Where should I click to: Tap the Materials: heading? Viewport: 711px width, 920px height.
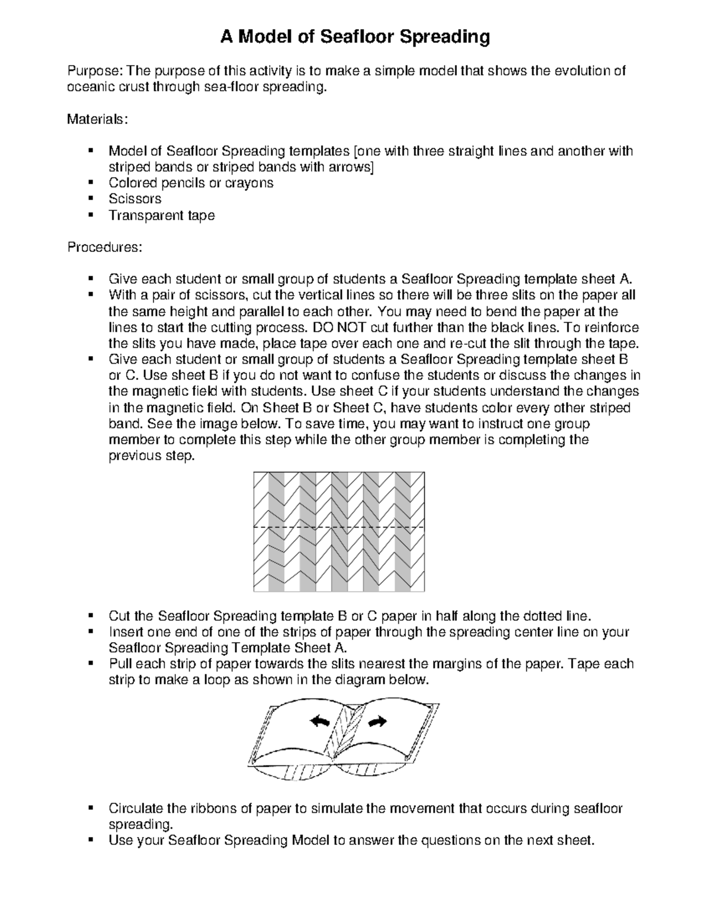point(97,119)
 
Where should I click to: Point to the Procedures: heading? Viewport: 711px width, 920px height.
point(104,247)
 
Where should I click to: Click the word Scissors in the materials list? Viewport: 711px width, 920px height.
point(135,199)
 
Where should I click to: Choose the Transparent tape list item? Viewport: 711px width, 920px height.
point(161,215)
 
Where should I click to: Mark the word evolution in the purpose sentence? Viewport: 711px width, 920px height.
point(583,72)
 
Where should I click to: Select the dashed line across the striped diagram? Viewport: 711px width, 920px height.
point(339,527)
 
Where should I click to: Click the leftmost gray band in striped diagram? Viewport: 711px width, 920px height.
point(276,531)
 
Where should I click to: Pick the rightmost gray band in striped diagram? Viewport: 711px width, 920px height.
point(402,531)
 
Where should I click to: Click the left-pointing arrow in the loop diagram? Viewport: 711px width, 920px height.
point(321,721)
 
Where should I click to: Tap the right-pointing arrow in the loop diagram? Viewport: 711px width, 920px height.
point(377,721)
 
